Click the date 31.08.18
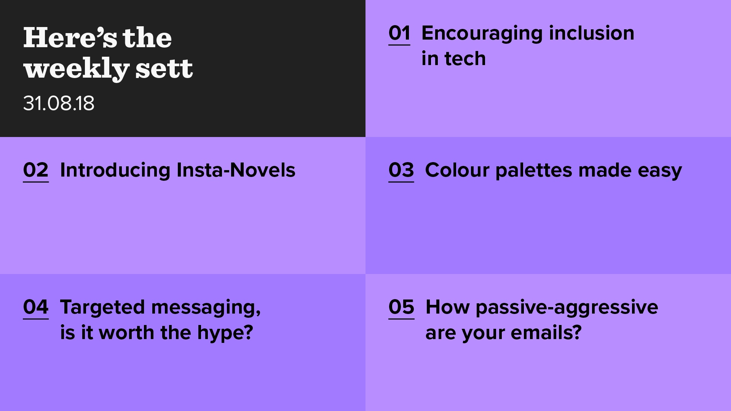(59, 103)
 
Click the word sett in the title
(164, 69)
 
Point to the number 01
(399, 33)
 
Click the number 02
(36, 170)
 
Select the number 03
(401, 170)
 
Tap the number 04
(36, 307)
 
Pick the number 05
(401, 307)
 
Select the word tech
(465, 59)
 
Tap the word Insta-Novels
(236, 170)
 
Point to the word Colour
(457, 170)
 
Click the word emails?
(546, 333)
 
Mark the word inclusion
(592, 33)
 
